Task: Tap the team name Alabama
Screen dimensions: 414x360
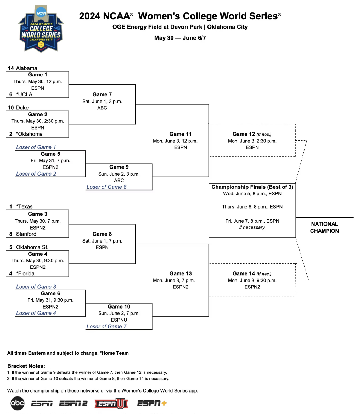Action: pyautogui.click(x=26, y=68)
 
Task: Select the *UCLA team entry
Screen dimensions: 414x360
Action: pyautogui.click(x=24, y=94)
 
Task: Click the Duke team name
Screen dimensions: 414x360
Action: pyautogui.click(x=22, y=108)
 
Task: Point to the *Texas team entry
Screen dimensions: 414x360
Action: pyautogui.click(x=24, y=207)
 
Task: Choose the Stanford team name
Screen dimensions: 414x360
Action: pyautogui.click(x=26, y=234)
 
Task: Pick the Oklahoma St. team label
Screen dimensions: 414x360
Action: pyautogui.click(x=32, y=247)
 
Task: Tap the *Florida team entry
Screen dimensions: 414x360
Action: pyautogui.click(x=25, y=273)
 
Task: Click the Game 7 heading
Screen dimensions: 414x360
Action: pyautogui.click(x=102, y=94)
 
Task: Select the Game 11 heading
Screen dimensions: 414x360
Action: pyautogui.click(x=180, y=134)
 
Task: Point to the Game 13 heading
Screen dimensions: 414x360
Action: pyautogui.click(x=180, y=273)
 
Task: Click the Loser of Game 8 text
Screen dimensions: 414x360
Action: pyautogui.click(x=106, y=187)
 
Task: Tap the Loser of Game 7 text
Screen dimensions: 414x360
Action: pyautogui.click(x=106, y=326)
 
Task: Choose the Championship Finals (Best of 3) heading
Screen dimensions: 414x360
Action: pyautogui.click(x=252, y=187)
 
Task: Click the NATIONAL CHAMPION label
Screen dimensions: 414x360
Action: pyautogui.click(x=324, y=227)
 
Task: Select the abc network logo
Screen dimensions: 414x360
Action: pyautogui.click(x=18, y=403)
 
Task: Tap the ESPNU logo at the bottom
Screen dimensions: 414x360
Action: pyautogui.click(x=111, y=403)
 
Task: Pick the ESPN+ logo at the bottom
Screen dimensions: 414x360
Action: pyautogui.click(x=152, y=403)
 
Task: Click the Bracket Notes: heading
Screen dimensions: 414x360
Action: pyautogui.click(x=26, y=366)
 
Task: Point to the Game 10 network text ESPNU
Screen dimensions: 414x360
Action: pyautogui.click(x=119, y=320)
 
